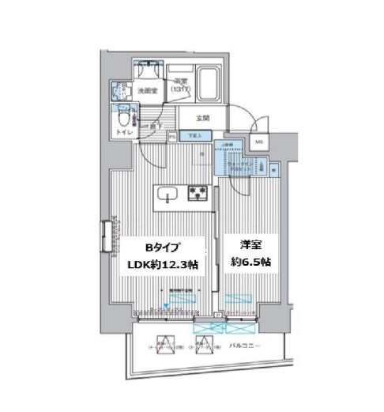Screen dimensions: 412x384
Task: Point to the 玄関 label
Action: tap(203, 119)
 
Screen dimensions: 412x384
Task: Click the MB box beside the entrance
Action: tap(259, 142)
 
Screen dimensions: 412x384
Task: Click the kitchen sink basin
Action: tap(167, 194)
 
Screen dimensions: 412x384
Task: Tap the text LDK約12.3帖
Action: tap(161, 265)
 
